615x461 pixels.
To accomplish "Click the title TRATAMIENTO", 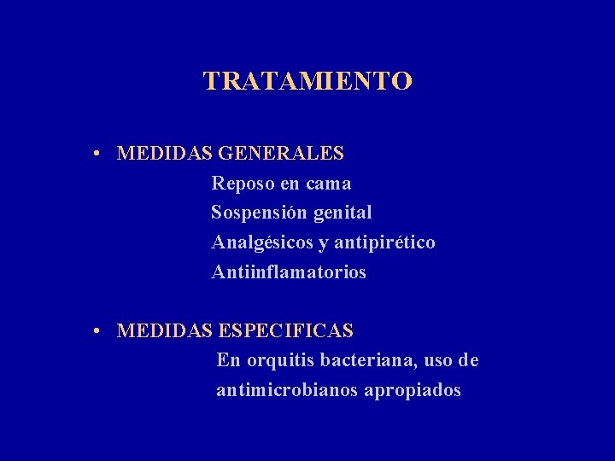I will pyautogui.click(x=307, y=81).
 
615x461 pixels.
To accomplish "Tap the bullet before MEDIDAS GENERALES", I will pyautogui.click(x=100, y=155).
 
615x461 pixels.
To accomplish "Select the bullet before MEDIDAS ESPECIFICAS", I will pyautogui.click(x=100, y=330).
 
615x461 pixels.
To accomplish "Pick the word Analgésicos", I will pyautogui.click(x=262, y=242).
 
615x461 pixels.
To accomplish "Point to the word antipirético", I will pyautogui.click(x=384, y=242).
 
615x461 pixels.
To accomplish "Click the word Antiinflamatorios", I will pyautogui.click(x=289, y=272).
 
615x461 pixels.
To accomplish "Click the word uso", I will pyautogui.click(x=438, y=360).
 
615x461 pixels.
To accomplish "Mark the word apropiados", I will pyautogui.click(x=413, y=391).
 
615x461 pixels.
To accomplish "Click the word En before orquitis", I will pyautogui.click(x=229, y=360).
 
